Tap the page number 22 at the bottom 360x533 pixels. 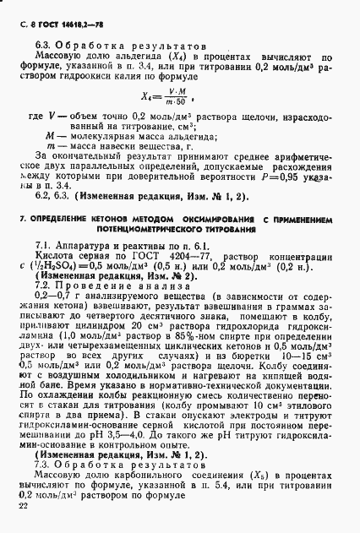point(23,506)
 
